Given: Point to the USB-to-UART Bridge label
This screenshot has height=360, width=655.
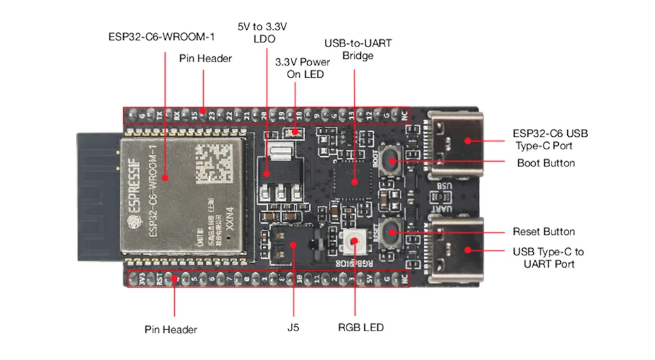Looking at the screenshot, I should click(358, 50).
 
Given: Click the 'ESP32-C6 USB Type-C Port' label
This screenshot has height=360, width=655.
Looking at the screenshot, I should click(550, 139).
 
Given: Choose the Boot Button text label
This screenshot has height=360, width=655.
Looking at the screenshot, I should click(546, 163).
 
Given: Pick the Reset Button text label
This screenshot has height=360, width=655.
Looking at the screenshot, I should click(544, 232).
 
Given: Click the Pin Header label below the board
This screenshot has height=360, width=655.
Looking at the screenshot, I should click(171, 329).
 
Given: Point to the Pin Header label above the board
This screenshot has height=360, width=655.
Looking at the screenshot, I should click(206, 58).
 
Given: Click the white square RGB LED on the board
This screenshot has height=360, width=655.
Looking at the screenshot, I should click(355, 243).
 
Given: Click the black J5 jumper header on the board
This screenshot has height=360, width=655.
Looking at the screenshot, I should click(292, 243).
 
